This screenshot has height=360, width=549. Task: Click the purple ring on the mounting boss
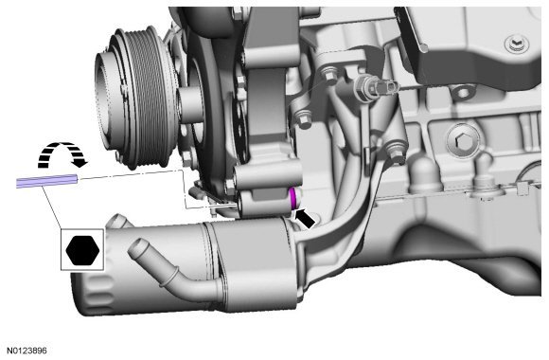tap(293, 198)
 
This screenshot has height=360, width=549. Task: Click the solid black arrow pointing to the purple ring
tap(306, 219)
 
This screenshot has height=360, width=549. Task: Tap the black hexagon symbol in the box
tap(82, 250)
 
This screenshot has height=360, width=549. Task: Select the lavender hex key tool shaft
tap(46, 181)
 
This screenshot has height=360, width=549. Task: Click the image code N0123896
tap(27, 351)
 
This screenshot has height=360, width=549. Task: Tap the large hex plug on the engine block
tap(463, 140)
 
